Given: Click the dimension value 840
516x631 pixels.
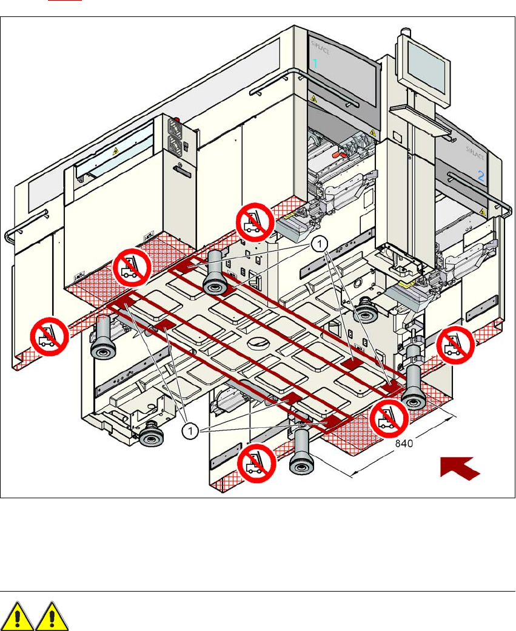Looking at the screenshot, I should pos(404,443).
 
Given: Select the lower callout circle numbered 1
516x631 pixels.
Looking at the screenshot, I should pos(190,430).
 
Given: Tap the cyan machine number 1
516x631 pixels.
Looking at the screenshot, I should pos(315,63).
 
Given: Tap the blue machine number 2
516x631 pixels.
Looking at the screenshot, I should pos(481,177).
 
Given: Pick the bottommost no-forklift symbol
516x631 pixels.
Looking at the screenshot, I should pos(256,463).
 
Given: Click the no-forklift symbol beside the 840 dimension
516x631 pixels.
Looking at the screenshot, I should pos(388,418).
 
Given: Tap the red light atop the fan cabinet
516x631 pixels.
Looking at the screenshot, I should pos(178,121).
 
